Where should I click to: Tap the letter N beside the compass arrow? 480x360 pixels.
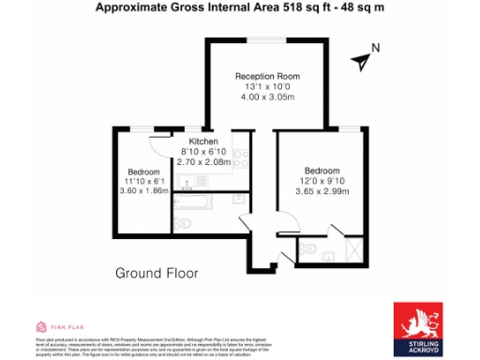pyautogui.click(x=375, y=49)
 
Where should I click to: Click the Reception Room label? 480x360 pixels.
pyautogui.click(x=267, y=76)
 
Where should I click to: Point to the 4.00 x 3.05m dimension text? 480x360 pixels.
pyautogui.click(x=267, y=97)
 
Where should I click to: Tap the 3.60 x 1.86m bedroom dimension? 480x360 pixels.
pyautogui.click(x=143, y=191)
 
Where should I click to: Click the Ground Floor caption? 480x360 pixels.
pyautogui.click(x=157, y=274)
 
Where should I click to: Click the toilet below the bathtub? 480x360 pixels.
pyautogui.click(x=183, y=222)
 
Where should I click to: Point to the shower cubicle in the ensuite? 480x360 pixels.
pyautogui.click(x=353, y=248)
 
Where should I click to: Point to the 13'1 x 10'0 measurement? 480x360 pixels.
pyautogui.click(x=267, y=86)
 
